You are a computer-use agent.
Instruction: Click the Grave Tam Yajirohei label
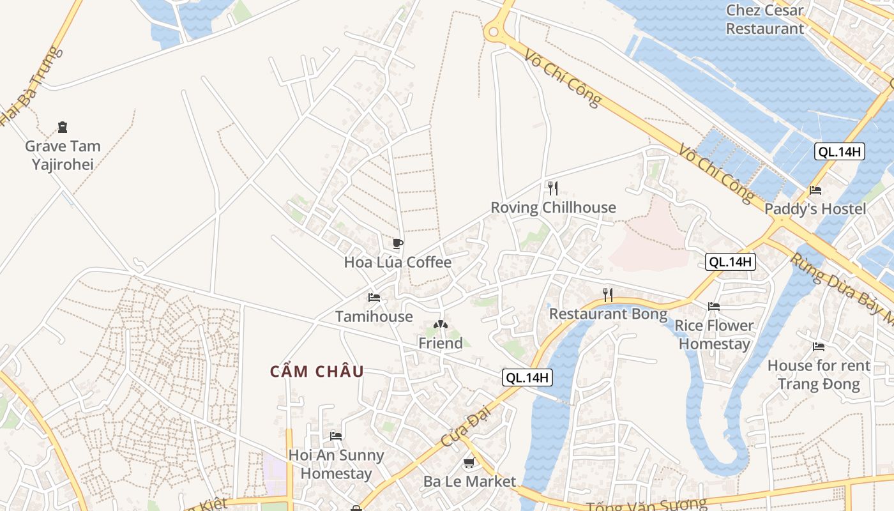(x=63, y=155)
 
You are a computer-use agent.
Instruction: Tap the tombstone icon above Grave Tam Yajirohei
(x=62, y=127)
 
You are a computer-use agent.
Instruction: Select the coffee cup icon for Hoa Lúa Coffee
(x=397, y=243)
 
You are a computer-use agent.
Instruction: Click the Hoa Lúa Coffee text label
(x=397, y=262)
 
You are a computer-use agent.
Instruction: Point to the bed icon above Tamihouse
(x=374, y=298)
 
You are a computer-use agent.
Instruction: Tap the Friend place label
(x=440, y=343)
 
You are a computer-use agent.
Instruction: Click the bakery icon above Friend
(x=440, y=324)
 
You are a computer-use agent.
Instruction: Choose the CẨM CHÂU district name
(x=317, y=372)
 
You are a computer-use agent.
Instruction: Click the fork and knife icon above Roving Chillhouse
(x=553, y=188)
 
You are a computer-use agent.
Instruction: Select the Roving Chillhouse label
(x=553, y=208)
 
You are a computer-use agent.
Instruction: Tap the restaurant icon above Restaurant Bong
(x=608, y=294)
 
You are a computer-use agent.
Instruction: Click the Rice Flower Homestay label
(x=714, y=335)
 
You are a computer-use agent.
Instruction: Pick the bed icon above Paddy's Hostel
(x=815, y=190)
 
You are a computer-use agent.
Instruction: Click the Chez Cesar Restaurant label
(x=764, y=19)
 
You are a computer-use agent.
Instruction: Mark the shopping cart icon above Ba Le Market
(x=469, y=462)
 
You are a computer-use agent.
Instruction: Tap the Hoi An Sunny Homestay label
(x=336, y=464)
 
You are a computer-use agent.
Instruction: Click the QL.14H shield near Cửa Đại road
(x=527, y=378)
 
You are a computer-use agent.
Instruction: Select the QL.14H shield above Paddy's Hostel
(x=840, y=151)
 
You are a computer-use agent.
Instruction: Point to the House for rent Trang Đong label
(x=819, y=375)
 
